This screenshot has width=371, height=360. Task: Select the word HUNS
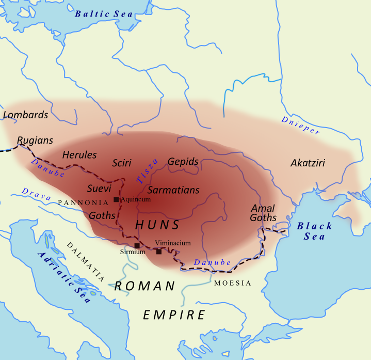(157, 225)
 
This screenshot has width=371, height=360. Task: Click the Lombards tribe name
(25, 115)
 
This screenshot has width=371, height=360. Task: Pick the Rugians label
(35, 140)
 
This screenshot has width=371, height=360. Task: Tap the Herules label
(79, 154)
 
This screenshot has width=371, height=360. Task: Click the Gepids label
(183, 162)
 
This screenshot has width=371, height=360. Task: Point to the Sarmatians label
(173, 190)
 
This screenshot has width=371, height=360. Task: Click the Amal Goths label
(263, 213)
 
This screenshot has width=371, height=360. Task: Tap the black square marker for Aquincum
(116, 199)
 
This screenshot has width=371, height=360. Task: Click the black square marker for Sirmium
(137, 245)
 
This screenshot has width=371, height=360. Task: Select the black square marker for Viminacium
(159, 252)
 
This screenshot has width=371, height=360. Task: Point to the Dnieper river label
(301, 126)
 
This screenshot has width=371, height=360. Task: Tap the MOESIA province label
(233, 283)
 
